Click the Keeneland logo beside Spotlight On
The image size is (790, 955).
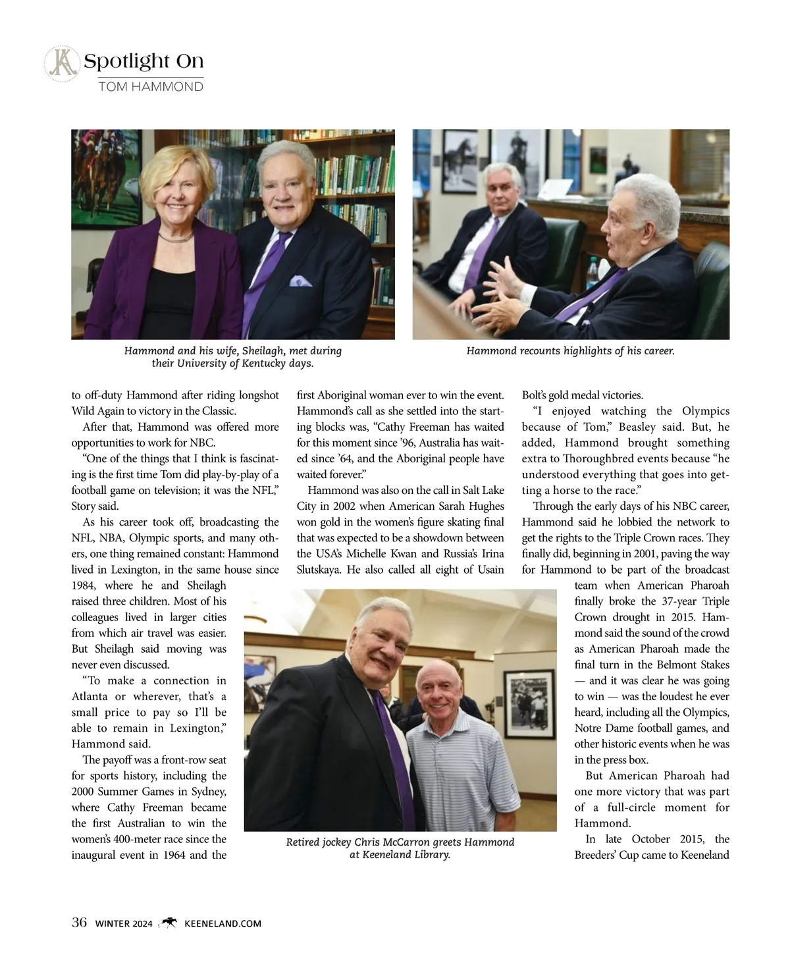click(x=61, y=65)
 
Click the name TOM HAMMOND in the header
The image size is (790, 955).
click(x=150, y=86)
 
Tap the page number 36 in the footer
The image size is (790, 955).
click(x=79, y=923)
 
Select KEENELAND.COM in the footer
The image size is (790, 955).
click(x=223, y=923)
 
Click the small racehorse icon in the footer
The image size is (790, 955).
click(x=169, y=923)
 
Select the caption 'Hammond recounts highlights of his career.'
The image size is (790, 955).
click(x=570, y=351)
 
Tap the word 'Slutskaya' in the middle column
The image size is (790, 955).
click(x=319, y=570)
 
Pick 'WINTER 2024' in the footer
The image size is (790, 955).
click(x=124, y=923)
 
